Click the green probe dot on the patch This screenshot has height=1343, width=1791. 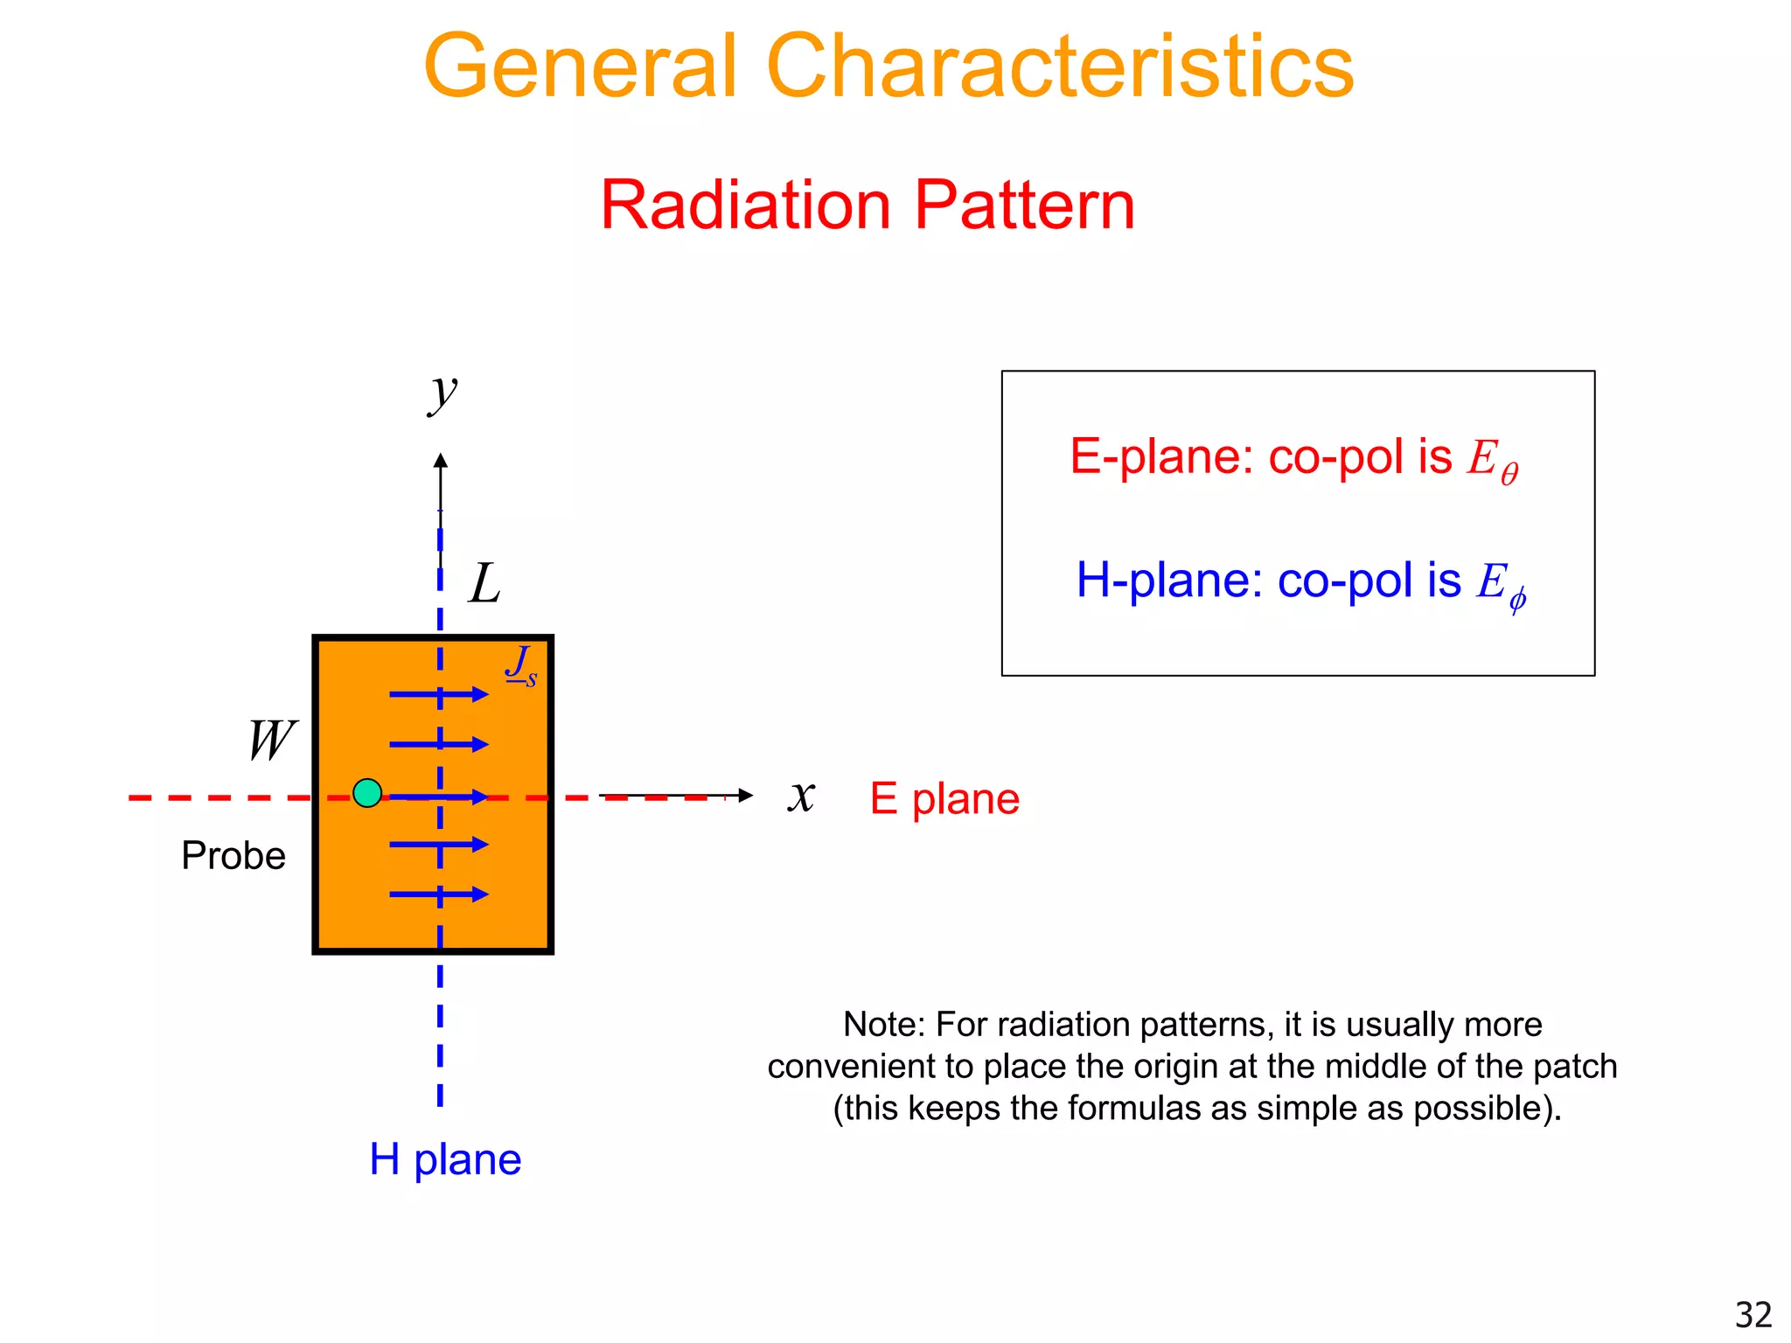pyautogui.click(x=367, y=793)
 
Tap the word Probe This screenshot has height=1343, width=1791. pyautogui.click(x=233, y=855)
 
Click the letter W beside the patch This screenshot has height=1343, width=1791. pyautogui.click(x=272, y=741)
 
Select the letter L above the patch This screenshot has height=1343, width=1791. pyautogui.click(x=484, y=583)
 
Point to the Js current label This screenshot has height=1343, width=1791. pyautogui.click(x=521, y=665)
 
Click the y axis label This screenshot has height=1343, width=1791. pyautogui.click(x=443, y=393)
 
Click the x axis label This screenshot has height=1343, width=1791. pyautogui.click(x=801, y=796)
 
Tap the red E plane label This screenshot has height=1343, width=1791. pyautogui.click(x=944, y=798)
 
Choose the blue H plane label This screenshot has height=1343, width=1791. pyautogui.click(x=445, y=1159)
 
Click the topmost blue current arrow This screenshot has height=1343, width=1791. pyautogui.click(x=438, y=695)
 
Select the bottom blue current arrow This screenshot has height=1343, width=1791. pyautogui.click(x=438, y=894)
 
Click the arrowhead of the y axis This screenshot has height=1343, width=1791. pyautogui.click(x=441, y=460)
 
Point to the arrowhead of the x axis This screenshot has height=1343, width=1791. pyautogui.click(x=745, y=795)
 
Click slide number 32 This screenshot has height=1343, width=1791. pyautogui.click(x=1753, y=1315)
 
